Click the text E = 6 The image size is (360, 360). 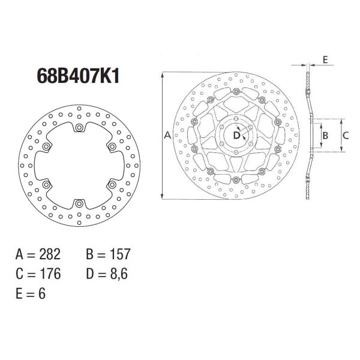30,293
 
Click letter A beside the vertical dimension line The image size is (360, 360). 167,136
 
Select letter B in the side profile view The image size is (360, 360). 325,136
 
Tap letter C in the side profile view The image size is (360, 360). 346,136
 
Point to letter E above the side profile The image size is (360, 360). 325,59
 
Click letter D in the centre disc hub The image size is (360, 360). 236,136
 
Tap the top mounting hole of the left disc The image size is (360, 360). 79,127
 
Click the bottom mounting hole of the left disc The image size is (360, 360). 79,204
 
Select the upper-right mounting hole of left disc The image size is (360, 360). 112,146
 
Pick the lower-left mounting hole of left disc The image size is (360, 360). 46,185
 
